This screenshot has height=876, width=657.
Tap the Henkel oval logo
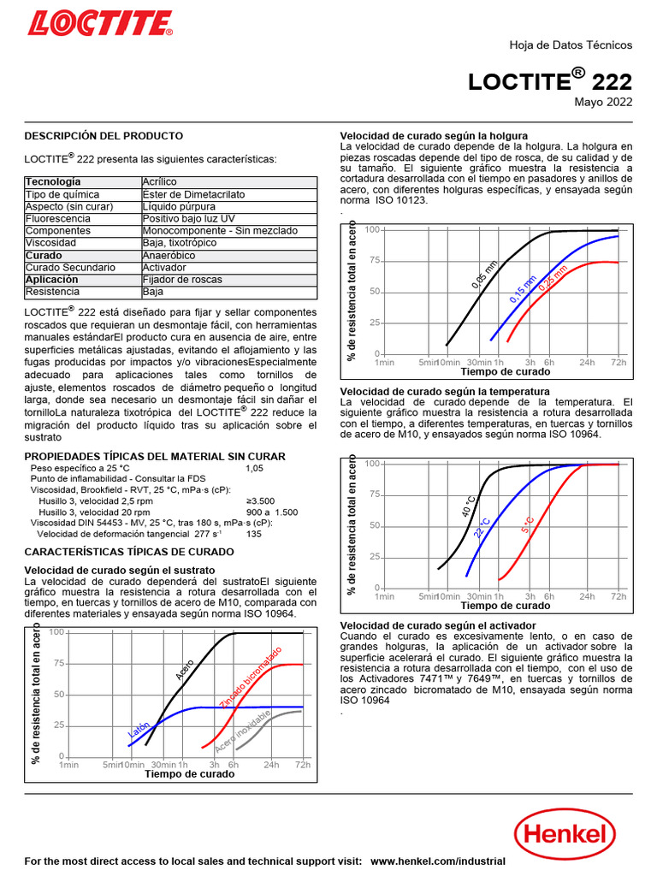565,834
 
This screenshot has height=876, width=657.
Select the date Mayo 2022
602,104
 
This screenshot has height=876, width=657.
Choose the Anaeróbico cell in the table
170,256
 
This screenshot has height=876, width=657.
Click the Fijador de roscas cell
182,280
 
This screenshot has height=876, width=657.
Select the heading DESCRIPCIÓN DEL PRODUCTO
104,136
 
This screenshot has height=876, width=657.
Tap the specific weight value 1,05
255,469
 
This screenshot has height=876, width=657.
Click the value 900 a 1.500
272,512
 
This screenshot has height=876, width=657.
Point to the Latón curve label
139,729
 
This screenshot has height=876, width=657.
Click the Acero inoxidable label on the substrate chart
242,732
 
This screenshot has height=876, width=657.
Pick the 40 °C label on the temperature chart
469,506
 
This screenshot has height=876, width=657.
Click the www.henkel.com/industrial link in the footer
438,861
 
